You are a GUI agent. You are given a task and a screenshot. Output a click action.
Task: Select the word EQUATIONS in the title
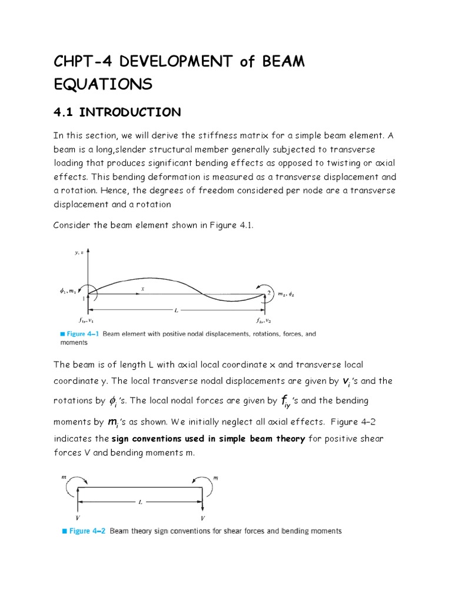[x=102, y=85]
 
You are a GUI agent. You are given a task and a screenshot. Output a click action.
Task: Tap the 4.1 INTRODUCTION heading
[x=117, y=112]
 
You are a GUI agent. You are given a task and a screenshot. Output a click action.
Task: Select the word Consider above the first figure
[x=74, y=226]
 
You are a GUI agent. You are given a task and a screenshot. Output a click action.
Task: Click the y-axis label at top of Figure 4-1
[x=78, y=252]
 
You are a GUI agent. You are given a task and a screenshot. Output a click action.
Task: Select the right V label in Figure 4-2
[x=202, y=518]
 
